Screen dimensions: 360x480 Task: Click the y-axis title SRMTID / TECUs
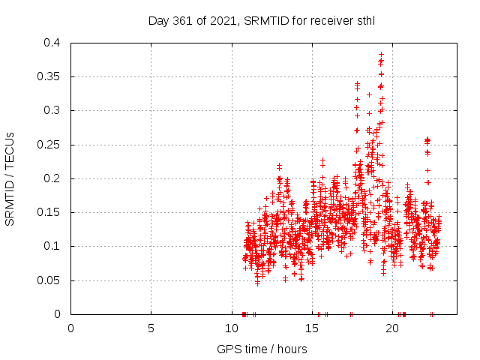10,178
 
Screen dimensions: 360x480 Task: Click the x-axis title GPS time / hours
262,349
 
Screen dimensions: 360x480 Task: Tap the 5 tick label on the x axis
151,328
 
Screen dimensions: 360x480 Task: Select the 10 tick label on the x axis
231,328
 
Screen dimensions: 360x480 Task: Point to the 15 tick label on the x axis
311,328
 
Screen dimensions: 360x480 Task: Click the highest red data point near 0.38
381,55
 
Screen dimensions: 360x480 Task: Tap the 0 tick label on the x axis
70,328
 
